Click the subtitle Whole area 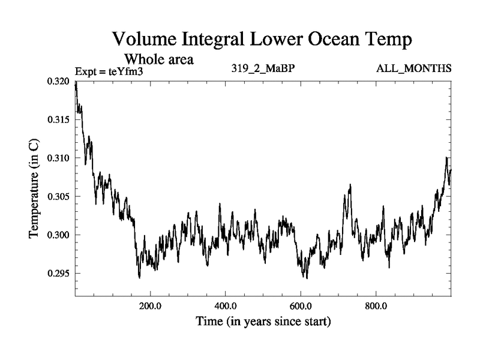pos(158,59)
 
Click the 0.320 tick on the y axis pos(59,82)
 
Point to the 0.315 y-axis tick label pos(59,120)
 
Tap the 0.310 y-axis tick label pos(59,158)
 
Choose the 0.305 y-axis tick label pos(59,197)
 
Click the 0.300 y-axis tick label pos(59,235)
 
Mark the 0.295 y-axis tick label pos(59,274)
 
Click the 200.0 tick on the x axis pos(150,305)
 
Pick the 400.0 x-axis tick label pos(225,305)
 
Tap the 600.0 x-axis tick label pos(301,305)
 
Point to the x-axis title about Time pos(263,322)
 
